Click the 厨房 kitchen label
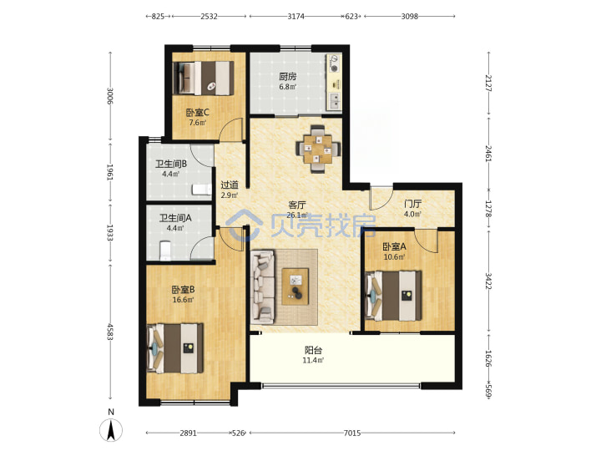287,76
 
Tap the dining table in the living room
318,149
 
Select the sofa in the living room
263,286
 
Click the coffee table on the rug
295,286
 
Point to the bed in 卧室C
203,79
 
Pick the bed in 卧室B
175,348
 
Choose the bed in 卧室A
393,296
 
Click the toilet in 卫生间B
202,190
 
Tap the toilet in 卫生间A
165,250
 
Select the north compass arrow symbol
111,430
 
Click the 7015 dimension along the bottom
352,433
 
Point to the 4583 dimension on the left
110,332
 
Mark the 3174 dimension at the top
295,16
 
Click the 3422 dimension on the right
488,281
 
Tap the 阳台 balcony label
313,350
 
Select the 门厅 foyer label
413,204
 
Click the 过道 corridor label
230,185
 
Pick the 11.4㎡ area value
313,360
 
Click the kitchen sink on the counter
334,102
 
